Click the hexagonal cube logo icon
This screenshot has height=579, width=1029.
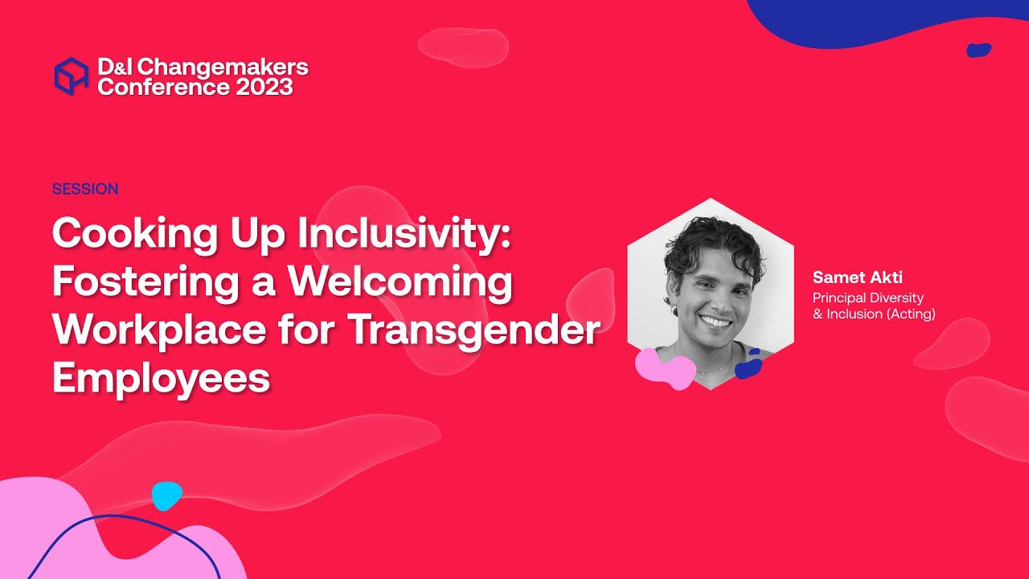[71, 76]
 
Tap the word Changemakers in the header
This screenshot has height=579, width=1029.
[223, 68]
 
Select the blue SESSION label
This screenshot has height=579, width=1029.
[85, 189]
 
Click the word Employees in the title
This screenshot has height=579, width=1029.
[161, 378]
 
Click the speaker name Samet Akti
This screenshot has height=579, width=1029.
[857, 277]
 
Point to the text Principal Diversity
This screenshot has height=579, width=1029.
[867, 298]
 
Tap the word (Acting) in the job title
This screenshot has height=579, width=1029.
[911, 314]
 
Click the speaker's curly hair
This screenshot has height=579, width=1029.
[707, 241]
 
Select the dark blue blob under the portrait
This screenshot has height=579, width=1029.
[748, 368]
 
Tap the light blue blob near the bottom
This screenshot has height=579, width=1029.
[167, 495]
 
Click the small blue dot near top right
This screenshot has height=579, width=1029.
[978, 50]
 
